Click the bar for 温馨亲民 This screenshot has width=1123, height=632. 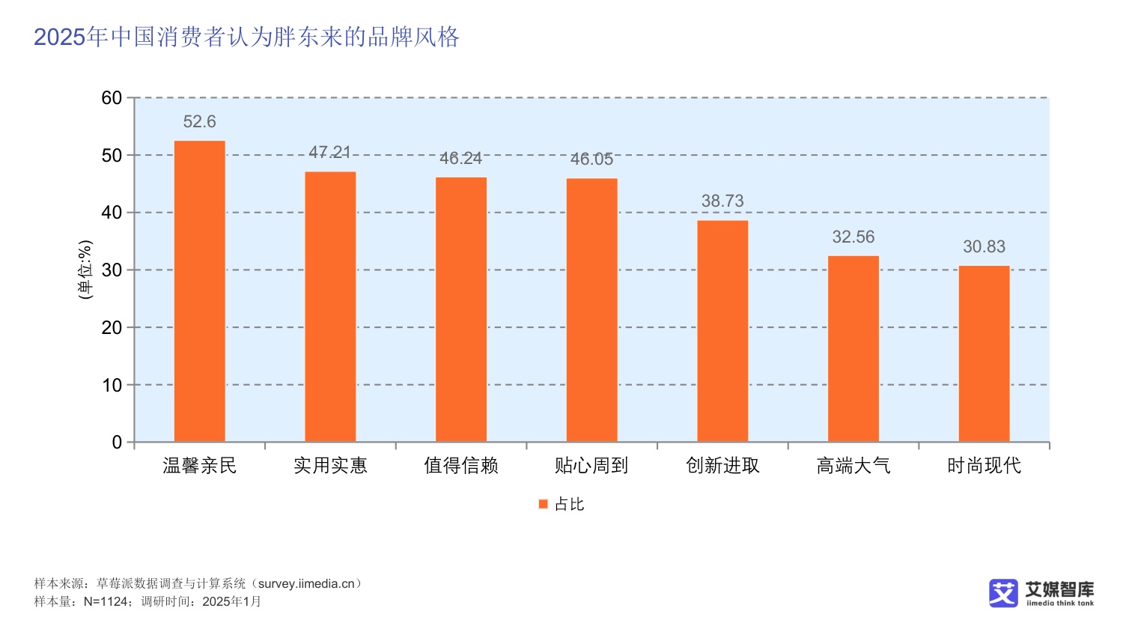[x=199, y=291]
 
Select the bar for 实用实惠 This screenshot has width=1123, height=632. [x=330, y=307]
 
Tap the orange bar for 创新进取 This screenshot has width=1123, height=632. [x=722, y=331]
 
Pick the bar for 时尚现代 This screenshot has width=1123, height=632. [x=984, y=353]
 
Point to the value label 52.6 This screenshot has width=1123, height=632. [x=199, y=121]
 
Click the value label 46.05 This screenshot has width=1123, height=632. [x=591, y=159]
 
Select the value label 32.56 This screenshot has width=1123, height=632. [x=853, y=237]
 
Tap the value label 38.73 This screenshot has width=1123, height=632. [x=722, y=201]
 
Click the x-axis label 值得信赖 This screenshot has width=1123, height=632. [x=460, y=466]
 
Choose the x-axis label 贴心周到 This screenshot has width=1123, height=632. [x=591, y=466]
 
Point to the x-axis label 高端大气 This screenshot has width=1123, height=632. [x=853, y=466]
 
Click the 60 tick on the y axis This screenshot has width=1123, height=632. [x=112, y=98]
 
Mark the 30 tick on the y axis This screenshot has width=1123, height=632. [x=112, y=270]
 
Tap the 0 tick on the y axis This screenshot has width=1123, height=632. [x=117, y=443]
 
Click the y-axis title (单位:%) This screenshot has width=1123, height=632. [x=85, y=270]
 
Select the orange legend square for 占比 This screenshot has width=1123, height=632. [x=544, y=504]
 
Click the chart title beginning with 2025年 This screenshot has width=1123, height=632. [x=246, y=37]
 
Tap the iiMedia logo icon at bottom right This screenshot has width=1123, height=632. [x=1003, y=593]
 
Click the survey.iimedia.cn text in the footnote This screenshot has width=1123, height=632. [x=306, y=583]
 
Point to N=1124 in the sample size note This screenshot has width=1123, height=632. [x=106, y=601]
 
